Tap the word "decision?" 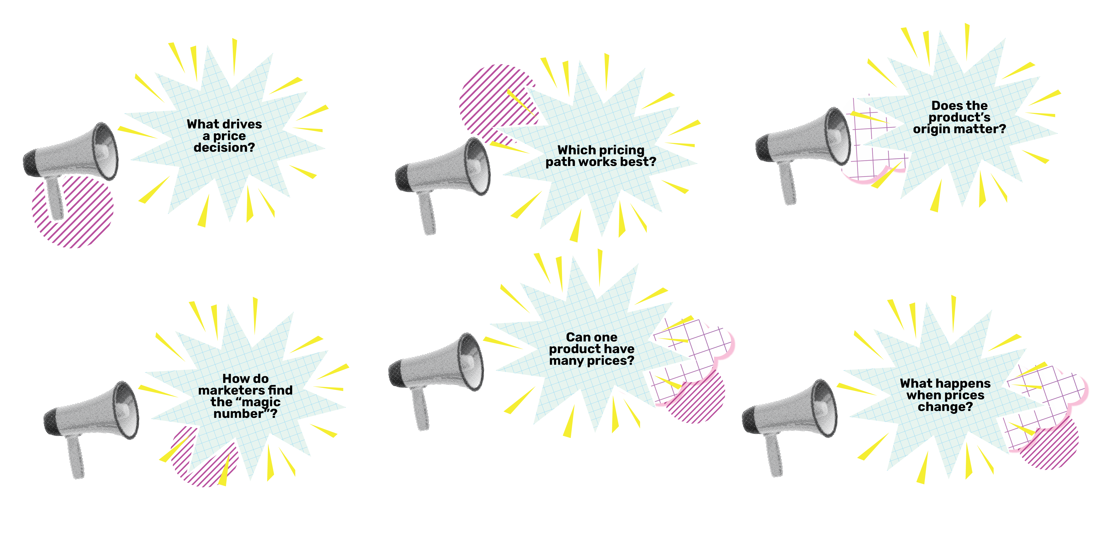(x=224, y=148)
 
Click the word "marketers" (x=231, y=391)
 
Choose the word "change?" (x=945, y=407)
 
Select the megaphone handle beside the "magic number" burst (x=75, y=456)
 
